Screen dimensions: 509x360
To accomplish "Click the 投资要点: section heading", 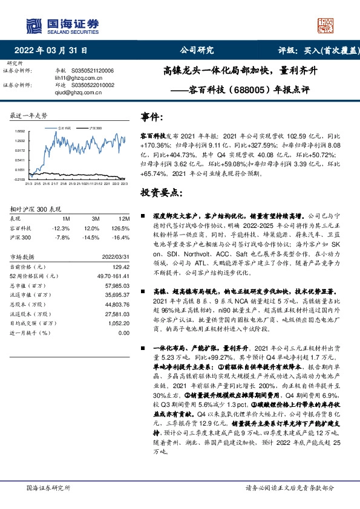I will pos(160,193).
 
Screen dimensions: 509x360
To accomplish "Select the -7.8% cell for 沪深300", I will pos(62,238).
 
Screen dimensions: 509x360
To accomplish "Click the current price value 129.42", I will pos(122,267).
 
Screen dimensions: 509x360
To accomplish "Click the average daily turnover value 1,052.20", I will pos(119,323).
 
